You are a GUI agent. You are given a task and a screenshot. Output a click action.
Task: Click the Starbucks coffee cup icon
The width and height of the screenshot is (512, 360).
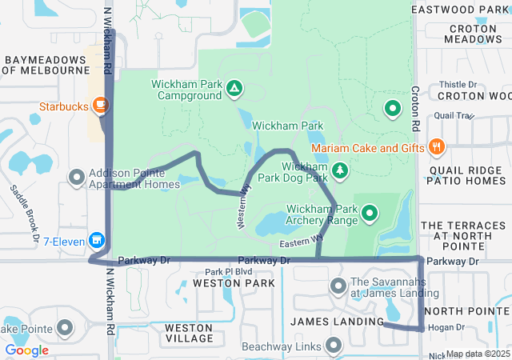(x=100, y=105)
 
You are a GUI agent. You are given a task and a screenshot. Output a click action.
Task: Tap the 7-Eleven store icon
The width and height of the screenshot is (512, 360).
(x=97, y=239)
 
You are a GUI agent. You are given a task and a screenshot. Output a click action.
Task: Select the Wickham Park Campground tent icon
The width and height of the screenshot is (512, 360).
(x=234, y=87)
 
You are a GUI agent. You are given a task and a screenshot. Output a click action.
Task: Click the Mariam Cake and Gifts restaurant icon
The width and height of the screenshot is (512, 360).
(x=436, y=146)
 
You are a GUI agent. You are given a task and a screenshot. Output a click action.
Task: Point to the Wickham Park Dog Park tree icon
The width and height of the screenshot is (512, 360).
(x=340, y=170)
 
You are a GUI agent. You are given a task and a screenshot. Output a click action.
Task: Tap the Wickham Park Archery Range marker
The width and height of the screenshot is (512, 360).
(x=370, y=213)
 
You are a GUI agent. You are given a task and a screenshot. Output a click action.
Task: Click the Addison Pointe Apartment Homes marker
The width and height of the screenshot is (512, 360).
(x=77, y=176)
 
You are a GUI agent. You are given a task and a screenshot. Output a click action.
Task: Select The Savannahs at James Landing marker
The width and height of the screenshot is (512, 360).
(x=337, y=285)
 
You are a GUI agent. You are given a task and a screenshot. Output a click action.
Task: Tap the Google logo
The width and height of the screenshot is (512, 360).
(x=26, y=350)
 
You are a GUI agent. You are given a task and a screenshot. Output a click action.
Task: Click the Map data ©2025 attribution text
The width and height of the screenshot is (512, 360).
(x=478, y=354)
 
